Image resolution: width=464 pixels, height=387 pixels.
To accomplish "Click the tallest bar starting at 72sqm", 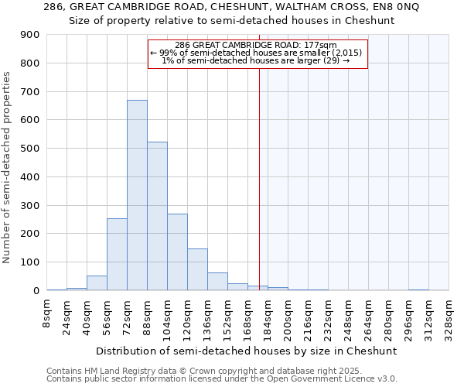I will point(137,195).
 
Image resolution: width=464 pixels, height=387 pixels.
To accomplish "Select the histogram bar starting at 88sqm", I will point(157,216).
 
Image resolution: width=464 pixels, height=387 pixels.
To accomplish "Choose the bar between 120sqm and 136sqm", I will point(197,269).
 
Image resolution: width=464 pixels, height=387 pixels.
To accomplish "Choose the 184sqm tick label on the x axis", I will point(268,316).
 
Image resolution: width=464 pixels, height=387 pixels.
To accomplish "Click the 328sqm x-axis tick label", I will point(449,316).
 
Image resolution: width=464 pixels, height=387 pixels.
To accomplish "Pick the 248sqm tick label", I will point(348,316).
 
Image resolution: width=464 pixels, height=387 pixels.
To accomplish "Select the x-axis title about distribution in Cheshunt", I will point(247,351).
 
